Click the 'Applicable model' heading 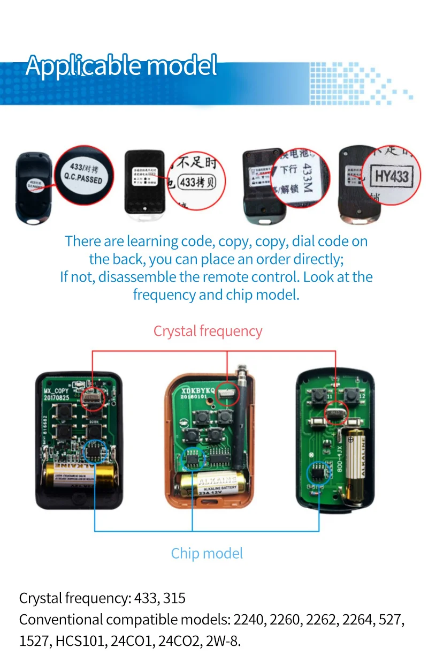click(121, 66)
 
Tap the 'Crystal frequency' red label click(208, 331)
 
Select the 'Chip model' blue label click(207, 553)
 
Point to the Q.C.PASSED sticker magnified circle click(85, 175)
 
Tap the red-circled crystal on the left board click(92, 399)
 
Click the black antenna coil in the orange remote click(240, 418)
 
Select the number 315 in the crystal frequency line click(174, 598)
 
